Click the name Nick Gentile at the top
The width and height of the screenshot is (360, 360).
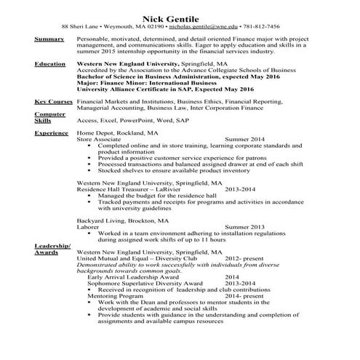click(180, 12)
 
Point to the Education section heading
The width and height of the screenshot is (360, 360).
click(51, 64)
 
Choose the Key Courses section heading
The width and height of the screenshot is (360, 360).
click(53, 103)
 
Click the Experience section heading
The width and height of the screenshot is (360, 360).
click(52, 134)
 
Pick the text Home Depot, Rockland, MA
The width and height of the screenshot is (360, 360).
click(117, 134)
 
